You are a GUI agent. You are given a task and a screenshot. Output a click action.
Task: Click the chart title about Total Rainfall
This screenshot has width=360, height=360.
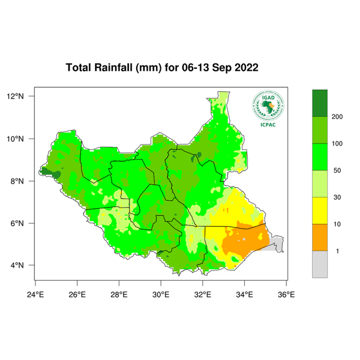coord(162,68)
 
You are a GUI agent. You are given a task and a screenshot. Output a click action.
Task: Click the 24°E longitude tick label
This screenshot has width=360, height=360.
coord(35,294)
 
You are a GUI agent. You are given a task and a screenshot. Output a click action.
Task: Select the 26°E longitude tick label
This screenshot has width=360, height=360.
coord(77,294)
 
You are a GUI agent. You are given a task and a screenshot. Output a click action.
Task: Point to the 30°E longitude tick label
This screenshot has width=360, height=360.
coord(161,294)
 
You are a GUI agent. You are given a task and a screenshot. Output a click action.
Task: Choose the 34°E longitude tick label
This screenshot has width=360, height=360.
coord(245,294)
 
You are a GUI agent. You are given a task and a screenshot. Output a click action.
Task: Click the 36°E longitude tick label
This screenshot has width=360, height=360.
coord(286,294)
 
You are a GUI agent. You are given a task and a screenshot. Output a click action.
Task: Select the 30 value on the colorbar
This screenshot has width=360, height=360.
coord(335,197)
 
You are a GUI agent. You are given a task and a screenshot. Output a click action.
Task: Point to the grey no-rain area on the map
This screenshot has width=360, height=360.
coord(276,244)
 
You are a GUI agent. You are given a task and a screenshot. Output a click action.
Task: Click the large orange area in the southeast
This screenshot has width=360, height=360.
coord(243,240)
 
